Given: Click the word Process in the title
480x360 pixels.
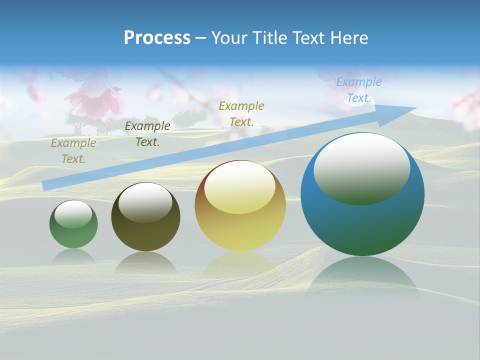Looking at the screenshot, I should [157, 37].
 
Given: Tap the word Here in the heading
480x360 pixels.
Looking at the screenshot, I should [348, 37].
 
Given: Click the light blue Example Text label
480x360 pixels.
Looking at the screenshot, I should [359, 90].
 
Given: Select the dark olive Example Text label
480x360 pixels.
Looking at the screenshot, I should [147, 134].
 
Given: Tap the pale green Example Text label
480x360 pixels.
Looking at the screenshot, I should [73, 151].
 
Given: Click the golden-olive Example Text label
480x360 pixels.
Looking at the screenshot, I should [241, 113].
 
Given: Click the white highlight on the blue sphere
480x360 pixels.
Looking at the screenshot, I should [361, 167].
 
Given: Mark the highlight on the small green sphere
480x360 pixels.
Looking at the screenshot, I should [73, 214].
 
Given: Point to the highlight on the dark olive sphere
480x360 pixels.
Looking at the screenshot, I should [145, 202].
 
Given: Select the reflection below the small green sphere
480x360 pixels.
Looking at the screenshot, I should [73, 256].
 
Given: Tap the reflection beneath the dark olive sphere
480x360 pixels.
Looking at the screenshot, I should [145, 262].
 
